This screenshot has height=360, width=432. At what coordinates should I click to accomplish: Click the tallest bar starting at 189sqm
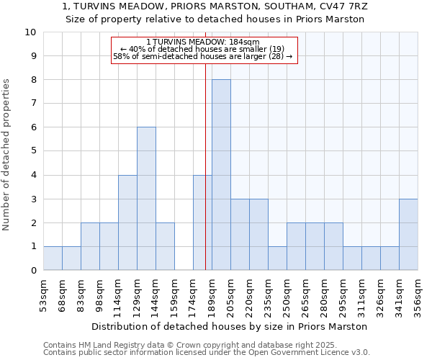tap(221, 175)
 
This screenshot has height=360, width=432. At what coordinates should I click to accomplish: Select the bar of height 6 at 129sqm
tap(146, 199)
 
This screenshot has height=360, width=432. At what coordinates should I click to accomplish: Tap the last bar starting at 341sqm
tap(408, 235)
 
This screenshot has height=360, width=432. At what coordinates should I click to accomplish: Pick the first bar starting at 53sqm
tap(53, 258)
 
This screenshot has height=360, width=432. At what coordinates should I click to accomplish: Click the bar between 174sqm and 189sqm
tap(202, 222)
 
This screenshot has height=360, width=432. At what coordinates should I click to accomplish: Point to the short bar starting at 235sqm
tap(277, 258)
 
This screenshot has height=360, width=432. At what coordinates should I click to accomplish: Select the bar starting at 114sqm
tap(127, 222)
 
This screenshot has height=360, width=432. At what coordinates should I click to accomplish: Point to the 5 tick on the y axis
tap(32, 151)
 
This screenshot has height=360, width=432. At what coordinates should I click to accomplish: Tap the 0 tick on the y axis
tap(32, 271)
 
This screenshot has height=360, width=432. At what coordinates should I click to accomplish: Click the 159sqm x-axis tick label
tap(174, 294)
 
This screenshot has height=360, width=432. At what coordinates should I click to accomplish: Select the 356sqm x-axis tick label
tap(418, 294)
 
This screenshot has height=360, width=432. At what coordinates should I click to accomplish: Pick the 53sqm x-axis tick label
tap(43, 294)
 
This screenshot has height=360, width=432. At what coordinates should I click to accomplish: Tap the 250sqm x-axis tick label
tap(287, 294)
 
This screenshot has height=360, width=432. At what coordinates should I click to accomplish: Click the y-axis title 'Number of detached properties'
tap(7, 155)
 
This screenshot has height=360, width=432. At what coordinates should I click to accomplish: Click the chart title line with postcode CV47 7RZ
tap(215, 6)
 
